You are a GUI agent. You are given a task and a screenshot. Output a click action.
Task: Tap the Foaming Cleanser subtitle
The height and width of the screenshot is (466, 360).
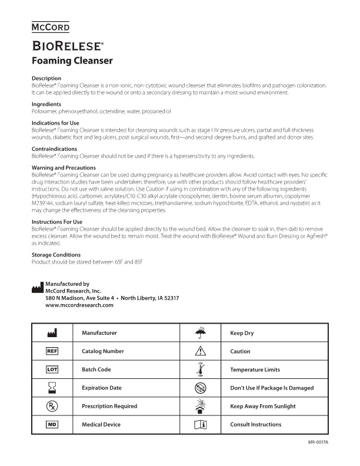click(x=72, y=61)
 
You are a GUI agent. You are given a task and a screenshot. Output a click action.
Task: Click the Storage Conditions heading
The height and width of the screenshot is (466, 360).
click(x=55, y=255)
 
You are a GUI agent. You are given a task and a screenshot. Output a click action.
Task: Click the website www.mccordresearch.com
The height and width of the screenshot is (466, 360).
click(x=79, y=305)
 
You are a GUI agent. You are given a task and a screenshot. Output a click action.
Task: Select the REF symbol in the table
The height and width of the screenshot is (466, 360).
click(x=52, y=351)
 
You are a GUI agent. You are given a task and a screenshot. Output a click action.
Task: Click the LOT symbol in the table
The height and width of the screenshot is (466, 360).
click(x=52, y=370)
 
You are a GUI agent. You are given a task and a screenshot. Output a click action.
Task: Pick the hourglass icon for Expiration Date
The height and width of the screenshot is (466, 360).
click(x=52, y=388)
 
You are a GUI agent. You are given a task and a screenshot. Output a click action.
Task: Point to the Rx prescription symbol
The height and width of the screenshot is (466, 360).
click(x=52, y=406)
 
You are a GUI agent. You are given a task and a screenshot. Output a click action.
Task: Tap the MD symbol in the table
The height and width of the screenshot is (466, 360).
click(x=52, y=424)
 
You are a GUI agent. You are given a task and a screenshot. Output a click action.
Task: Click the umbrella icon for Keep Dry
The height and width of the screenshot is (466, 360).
click(x=201, y=332)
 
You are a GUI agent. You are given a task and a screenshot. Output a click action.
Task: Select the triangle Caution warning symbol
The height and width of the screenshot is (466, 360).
click(x=201, y=351)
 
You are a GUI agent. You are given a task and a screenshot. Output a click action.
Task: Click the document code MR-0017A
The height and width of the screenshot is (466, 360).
click(x=318, y=442)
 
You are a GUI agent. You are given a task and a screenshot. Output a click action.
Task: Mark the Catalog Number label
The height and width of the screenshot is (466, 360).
click(x=102, y=351)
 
